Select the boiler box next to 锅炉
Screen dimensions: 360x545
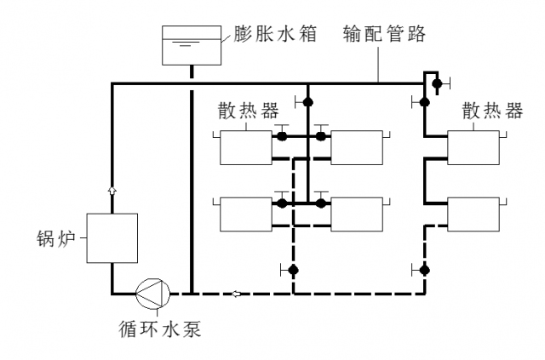pos(112,237)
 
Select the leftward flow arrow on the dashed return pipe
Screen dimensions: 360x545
pos(237,294)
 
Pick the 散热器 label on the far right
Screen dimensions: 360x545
pos(492,111)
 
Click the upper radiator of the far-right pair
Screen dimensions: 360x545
pos(473,147)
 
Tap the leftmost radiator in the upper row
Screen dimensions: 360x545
pos(245,147)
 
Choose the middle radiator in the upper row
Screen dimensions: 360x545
pos(357,147)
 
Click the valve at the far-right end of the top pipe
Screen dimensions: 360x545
pos(436,84)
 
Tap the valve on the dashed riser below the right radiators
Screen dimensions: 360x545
pos(423,270)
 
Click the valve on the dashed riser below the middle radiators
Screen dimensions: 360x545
pos(292,270)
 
